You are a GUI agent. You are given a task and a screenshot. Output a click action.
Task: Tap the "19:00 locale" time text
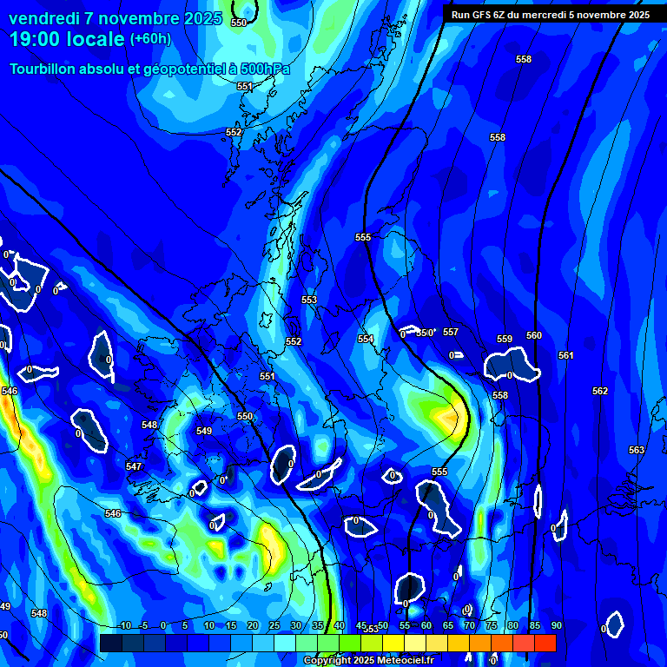(68, 39)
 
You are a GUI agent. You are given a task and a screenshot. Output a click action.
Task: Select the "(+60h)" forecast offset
(150, 39)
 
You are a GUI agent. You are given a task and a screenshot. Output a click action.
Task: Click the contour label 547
(134, 466)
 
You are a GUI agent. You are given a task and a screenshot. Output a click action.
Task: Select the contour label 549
(204, 431)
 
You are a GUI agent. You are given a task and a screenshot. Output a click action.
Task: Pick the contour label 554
(366, 339)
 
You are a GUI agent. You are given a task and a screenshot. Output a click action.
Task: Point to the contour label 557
(450, 332)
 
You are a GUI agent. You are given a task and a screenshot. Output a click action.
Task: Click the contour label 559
(505, 339)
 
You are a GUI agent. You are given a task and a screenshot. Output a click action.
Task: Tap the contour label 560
(534, 335)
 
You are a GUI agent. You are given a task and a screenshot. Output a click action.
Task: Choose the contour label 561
(566, 355)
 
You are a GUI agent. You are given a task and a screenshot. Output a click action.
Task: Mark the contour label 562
(600, 391)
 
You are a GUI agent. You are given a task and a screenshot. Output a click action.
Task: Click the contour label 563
(637, 450)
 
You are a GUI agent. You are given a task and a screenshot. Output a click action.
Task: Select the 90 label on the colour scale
(556, 625)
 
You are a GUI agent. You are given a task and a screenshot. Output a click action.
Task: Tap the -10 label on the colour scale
(124, 625)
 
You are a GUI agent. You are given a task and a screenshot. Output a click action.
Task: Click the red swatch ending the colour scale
(545, 643)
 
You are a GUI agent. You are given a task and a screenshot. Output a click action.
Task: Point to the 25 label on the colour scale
(274, 625)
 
